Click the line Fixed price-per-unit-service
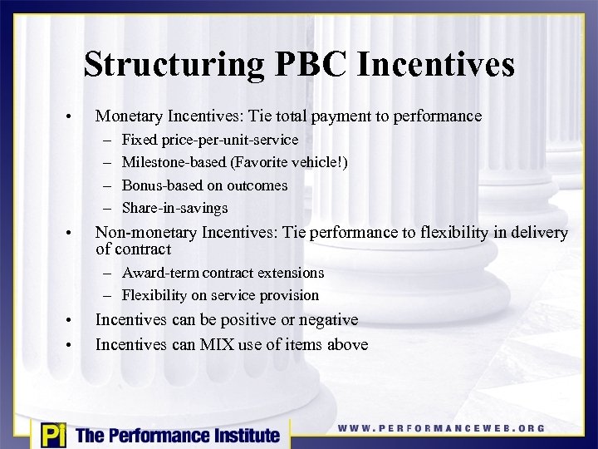coord(209,140)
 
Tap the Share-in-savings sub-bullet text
coord(174,208)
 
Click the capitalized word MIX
coord(218,345)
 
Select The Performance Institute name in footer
coord(178,435)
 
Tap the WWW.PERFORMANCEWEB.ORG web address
coord(441,428)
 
